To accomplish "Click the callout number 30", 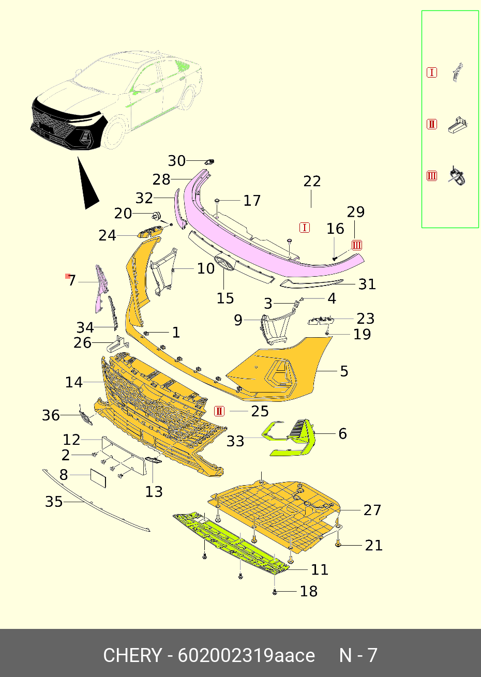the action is [176, 161].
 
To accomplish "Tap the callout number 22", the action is [312, 182].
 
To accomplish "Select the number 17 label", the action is [252, 201].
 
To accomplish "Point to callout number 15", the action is [225, 298].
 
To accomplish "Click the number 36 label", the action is [51, 415].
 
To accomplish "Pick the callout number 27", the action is [372, 510].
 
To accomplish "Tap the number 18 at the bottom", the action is [308, 591].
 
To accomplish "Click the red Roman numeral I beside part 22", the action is [305, 228].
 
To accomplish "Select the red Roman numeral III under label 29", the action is [356, 245].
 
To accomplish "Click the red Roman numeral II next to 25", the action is [219, 411].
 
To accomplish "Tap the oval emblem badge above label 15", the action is [224, 263].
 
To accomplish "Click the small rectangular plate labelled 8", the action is [98, 477].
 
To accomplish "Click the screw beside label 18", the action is [275, 592].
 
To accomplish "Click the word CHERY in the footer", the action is [132, 655].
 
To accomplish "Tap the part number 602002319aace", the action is [246, 655].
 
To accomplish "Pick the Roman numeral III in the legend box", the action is [432, 176].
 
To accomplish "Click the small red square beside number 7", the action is [67, 276].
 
